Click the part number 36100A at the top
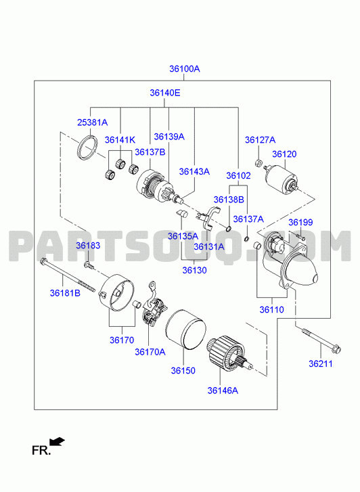tap(185, 69)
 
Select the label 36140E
tap(165, 93)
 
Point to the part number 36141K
tap(120, 140)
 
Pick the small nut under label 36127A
tap(258, 163)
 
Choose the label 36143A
tap(194, 172)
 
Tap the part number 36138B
tap(229, 200)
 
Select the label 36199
tap(300, 222)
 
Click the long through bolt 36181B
tap(68, 275)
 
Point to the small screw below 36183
tap(89, 265)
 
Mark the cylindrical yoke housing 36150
tap(185, 330)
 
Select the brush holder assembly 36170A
tap(153, 305)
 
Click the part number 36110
tap(271, 310)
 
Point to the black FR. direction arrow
tap(57, 442)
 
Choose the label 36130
tap(195, 270)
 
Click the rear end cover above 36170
tap(116, 292)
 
